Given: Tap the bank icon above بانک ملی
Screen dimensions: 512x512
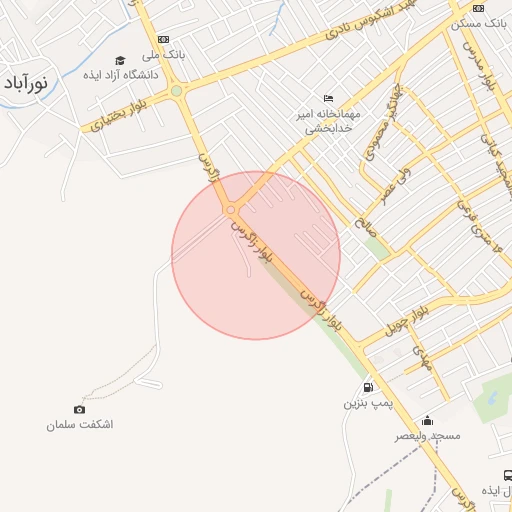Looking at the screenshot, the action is coord(162,39).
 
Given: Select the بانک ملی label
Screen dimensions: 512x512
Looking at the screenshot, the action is coord(162,55).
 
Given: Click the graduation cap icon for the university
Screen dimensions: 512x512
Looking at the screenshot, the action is coord(120,61).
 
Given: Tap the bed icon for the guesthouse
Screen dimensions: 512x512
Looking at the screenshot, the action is coord(329,98).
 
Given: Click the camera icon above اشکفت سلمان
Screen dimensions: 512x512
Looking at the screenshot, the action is coord(79,409).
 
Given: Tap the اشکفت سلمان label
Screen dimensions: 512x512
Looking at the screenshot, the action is coord(79,425).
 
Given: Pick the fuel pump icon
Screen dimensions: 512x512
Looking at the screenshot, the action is coord(368,388).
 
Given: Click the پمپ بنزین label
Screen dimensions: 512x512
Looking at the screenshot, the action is coord(364,404).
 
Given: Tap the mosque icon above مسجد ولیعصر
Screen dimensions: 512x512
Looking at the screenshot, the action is coord(427,420).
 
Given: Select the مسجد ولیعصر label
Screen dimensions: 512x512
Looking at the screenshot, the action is coord(427,437).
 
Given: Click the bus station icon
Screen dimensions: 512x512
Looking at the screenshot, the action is coord(507,475).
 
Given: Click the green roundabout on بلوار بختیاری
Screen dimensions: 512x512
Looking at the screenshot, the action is coord(176,91).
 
